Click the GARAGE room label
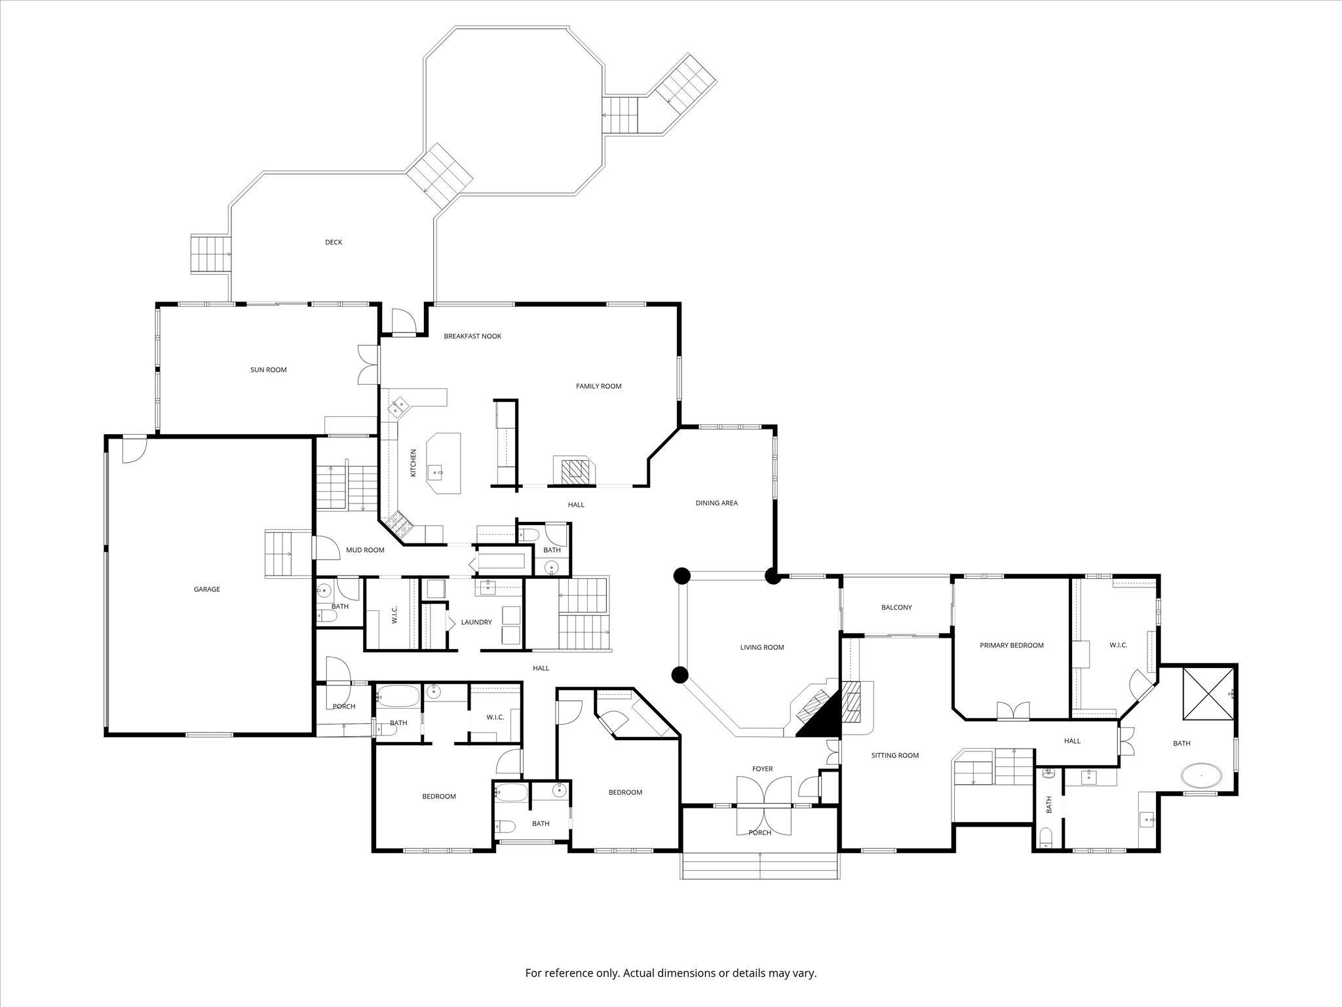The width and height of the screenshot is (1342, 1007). click(206, 589)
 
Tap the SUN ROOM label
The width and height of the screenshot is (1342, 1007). click(269, 370)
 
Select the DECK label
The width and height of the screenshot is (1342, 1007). click(334, 242)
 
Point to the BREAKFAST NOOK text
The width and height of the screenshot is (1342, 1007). click(472, 336)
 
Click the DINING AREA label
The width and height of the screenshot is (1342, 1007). click(716, 503)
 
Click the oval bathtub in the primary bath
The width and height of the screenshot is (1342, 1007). click(1201, 776)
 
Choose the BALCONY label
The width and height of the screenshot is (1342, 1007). click(896, 607)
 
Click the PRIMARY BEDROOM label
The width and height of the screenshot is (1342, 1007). click(1011, 645)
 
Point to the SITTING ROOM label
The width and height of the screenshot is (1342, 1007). click(894, 755)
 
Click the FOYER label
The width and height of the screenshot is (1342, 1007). click(762, 769)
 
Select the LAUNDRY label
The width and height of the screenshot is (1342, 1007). click(476, 622)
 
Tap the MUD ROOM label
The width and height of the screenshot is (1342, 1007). click(365, 550)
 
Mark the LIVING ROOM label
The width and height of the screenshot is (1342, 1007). click(762, 647)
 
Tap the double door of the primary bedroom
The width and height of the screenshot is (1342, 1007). click(1013, 711)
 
